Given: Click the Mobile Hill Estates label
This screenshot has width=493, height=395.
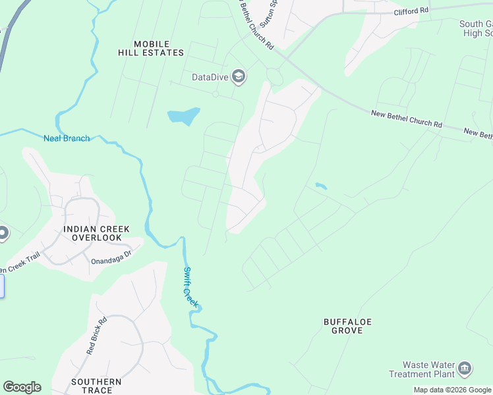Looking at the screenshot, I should tap(151, 48).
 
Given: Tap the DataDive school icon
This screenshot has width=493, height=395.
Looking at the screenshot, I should tap(239, 77).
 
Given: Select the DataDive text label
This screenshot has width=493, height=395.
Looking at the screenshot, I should tap(210, 77).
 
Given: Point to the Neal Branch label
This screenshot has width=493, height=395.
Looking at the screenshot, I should tap(66, 138).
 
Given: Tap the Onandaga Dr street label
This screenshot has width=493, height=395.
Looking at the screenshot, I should tap(112, 256).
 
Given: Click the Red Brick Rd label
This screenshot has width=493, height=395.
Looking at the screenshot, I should tap(96, 336).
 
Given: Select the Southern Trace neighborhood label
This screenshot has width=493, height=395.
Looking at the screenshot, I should tap(96, 386).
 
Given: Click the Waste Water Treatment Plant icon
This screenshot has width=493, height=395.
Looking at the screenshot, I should tap(465, 367).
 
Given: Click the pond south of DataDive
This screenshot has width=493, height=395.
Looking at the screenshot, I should tap(184, 117).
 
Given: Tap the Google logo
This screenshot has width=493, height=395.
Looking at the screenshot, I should tap(22, 386).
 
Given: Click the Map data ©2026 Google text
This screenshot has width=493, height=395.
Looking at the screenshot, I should tap(453, 390).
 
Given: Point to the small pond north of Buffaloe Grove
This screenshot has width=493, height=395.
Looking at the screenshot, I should tap(320, 186).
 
